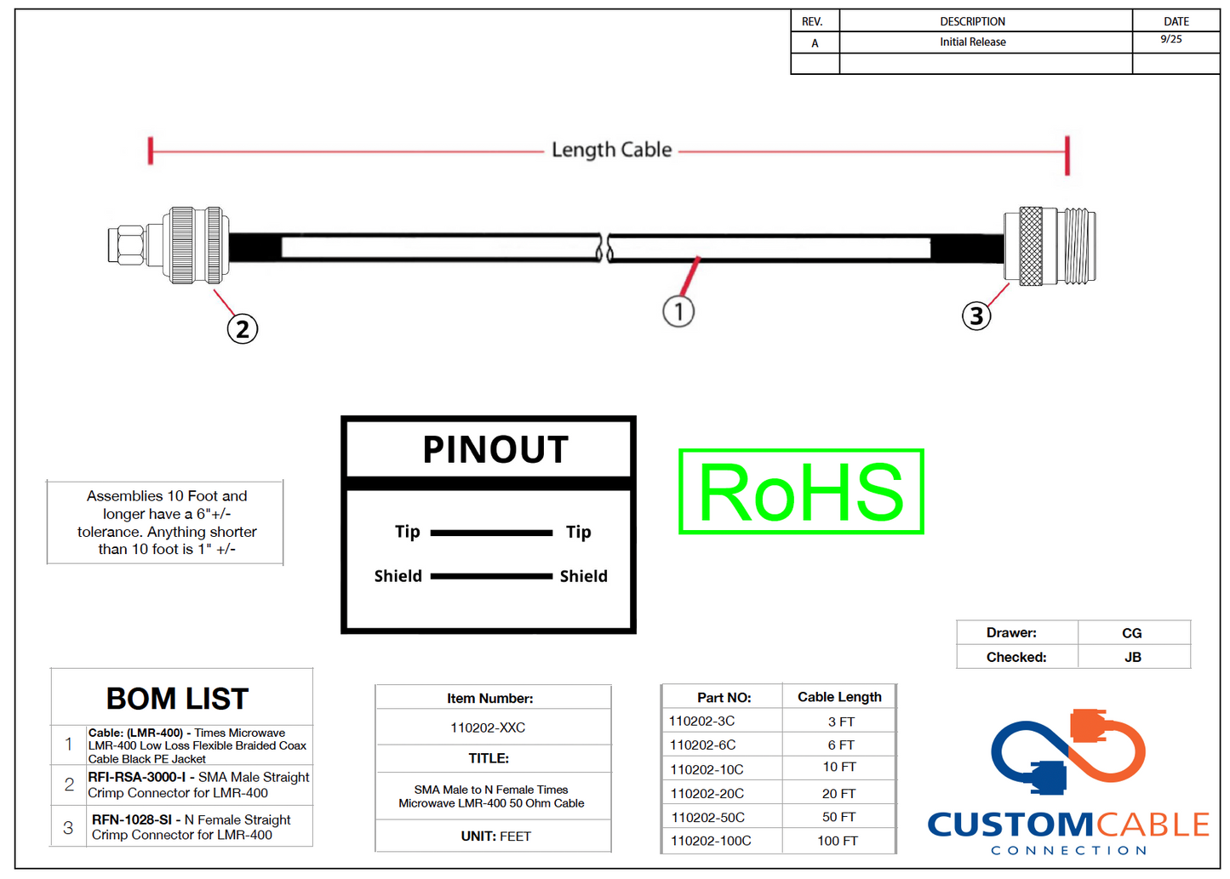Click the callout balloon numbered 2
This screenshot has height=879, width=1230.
(x=243, y=329)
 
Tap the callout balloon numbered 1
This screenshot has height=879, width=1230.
(x=678, y=311)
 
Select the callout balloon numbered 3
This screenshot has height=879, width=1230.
(x=976, y=316)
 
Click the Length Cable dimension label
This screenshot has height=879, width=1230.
(x=611, y=151)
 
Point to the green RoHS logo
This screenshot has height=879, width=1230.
(x=801, y=492)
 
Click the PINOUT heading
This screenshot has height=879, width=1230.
(x=495, y=449)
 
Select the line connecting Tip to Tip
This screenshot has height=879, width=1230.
(x=491, y=533)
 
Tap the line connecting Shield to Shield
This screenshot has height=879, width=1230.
(x=491, y=576)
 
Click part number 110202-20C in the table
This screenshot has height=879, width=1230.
(x=707, y=794)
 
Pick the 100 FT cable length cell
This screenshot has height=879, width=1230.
(x=838, y=841)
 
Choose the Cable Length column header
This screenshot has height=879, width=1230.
(x=839, y=697)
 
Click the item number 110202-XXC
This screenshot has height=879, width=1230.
(x=488, y=728)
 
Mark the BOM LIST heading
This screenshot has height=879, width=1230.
(x=177, y=699)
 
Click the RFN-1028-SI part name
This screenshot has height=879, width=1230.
(x=132, y=819)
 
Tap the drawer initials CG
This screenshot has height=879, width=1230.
(x=1132, y=633)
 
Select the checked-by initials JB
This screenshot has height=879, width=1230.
(x=1132, y=657)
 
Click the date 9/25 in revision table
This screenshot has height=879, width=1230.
(x=1171, y=39)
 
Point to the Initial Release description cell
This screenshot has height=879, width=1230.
(x=973, y=42)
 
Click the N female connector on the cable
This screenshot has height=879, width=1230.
(x=1050, y=246)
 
